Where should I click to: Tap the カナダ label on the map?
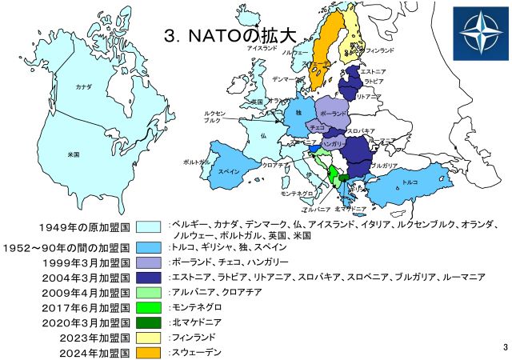click(x=82, y=85)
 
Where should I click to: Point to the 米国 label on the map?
click(x=74, y=152)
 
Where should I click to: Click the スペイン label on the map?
click(x=229, y=171)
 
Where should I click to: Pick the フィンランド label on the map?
click(x=379, y=50)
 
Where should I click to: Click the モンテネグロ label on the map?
click(x=297, y=194)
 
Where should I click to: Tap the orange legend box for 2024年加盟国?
click(x=148, y=352)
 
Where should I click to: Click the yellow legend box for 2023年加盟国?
click(x=148, y=338)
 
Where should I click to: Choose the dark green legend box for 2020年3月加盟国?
click(x=148, y=322)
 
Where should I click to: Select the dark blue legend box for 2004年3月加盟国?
click(x=148, y=277)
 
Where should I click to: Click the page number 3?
click(x=506, y=347)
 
